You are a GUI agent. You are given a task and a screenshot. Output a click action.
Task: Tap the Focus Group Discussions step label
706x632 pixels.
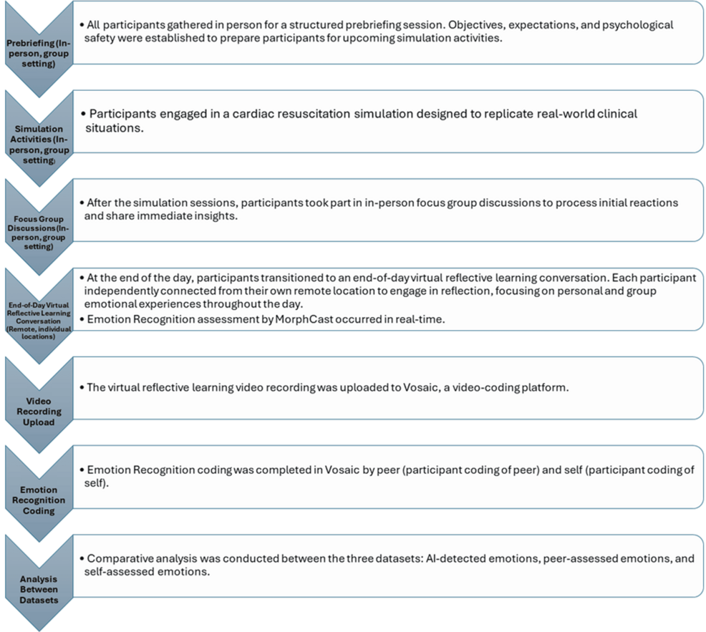tap(38, 230)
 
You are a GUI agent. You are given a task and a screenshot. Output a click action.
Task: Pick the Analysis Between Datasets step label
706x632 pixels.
tap(38, 589)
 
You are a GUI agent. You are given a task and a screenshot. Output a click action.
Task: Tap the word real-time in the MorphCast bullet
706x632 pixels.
tap(421, 319)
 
